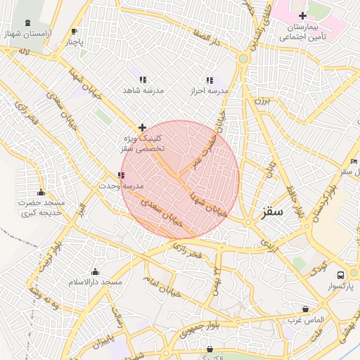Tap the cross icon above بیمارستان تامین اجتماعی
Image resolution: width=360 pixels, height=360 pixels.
(x=302, y=15)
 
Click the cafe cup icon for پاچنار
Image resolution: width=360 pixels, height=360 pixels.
(x=75, y=32)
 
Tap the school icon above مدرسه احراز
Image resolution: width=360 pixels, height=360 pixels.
(x=209, y=80)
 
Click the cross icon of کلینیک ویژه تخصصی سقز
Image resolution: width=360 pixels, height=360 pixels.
(x=143, y=127)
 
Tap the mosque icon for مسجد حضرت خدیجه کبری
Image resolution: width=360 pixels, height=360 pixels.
(x=41, y=193)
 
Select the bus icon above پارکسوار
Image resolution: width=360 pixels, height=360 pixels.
(x=341, y=275)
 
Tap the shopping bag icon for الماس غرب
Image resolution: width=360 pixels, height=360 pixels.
(x=305, y=309)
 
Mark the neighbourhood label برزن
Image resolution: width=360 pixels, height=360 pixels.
(x=262, y=102)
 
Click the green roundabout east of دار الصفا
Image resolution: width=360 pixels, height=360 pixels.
(x=243, y=58)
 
